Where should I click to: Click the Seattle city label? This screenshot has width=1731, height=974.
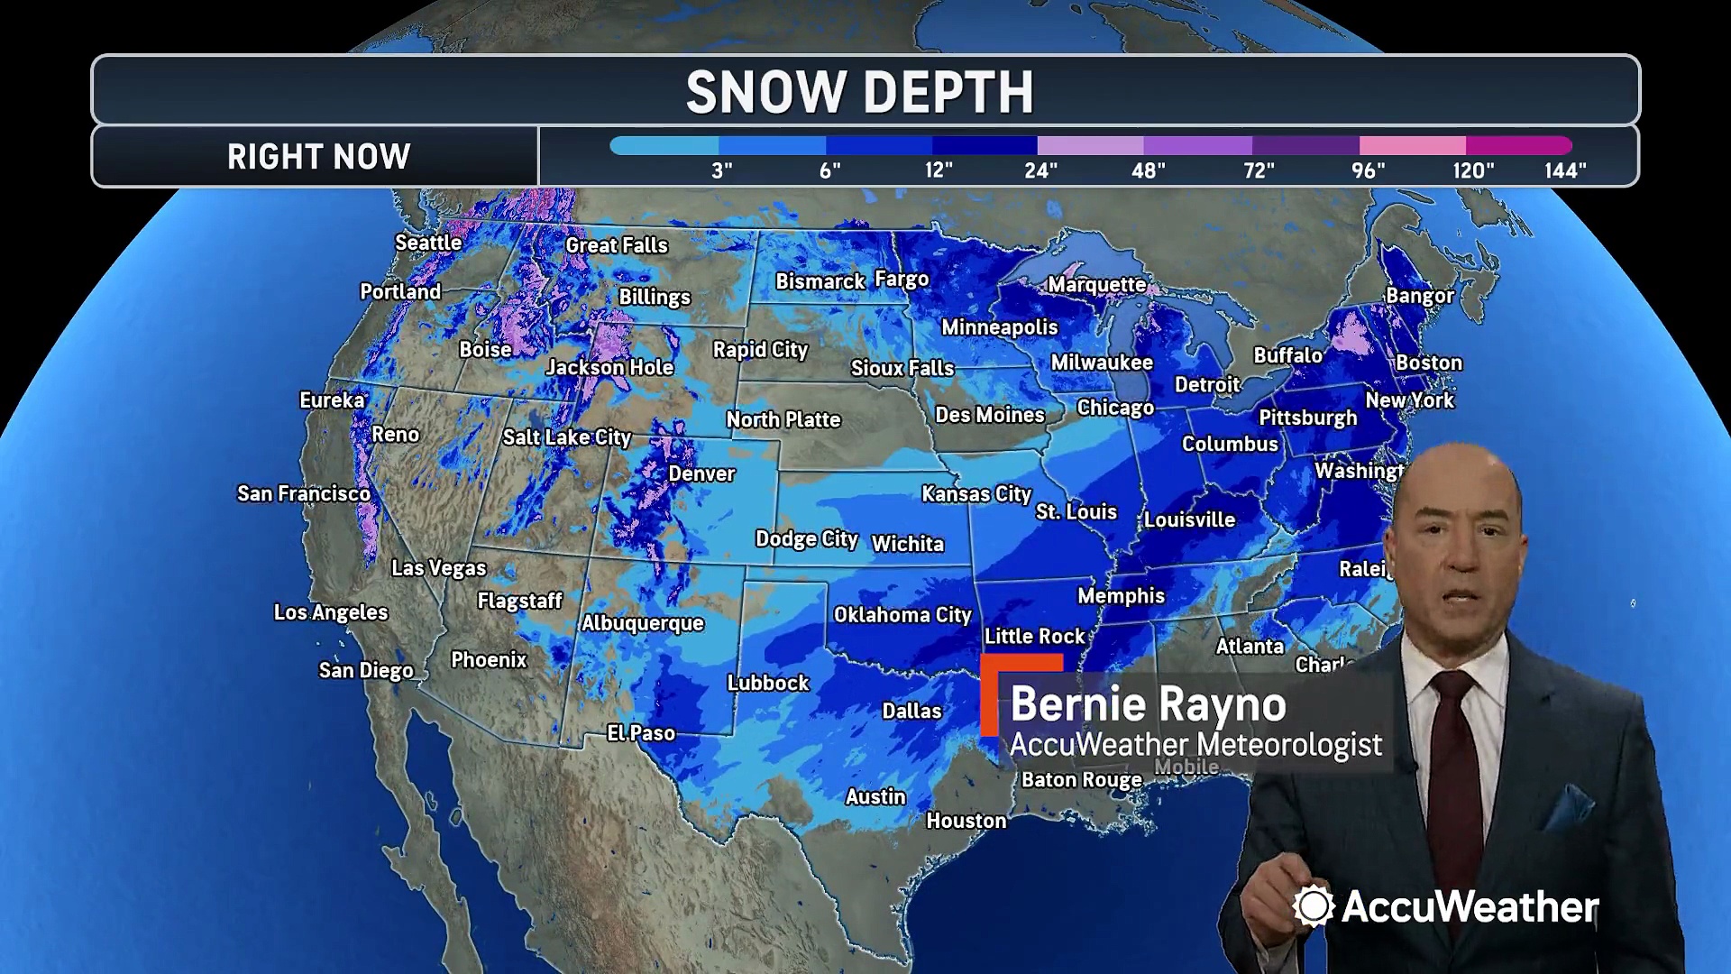click(428, 243)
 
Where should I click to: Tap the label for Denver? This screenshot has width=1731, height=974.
click(701, 473)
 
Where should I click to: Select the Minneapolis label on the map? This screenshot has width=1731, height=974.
click(999, 327)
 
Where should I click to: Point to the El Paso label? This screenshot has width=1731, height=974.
click(641, 733)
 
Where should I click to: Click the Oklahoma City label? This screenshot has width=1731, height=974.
click(902, 615)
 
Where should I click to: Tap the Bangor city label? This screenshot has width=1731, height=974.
click(1419, 296)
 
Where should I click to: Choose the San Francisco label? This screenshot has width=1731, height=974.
click(304, 493)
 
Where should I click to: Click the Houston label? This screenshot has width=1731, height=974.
click(966, 821)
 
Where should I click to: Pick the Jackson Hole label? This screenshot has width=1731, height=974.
click(609, 368)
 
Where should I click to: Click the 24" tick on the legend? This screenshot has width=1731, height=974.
click(1040, 170)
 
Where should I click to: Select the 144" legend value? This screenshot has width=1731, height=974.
click(1565, 170)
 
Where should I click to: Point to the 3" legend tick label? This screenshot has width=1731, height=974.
click(721, 170)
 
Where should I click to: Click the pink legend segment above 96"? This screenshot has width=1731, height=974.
click(1412, 145)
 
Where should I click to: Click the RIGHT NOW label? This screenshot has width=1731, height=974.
click(318, 157)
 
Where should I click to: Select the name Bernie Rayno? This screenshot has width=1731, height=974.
click(1148, 704)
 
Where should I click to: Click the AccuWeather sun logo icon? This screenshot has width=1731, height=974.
click(1313, 905)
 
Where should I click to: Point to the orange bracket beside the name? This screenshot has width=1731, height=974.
click(991, 694)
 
